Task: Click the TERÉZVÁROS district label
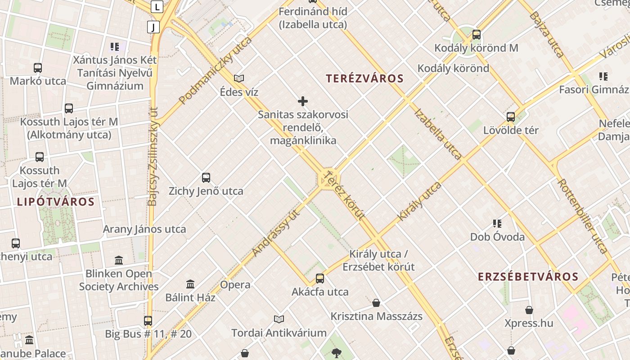(x=365, y=79)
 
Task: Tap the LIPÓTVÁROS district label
(x=56, y=202)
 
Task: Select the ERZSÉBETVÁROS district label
(x=528, y=276)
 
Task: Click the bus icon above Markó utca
(x=38, y=68)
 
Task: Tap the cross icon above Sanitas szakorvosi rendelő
(x=303, y=101)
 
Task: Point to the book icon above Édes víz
(x=239, y=79)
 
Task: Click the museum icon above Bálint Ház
(x=190, y=284)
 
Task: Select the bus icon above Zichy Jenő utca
(x=206, y=178)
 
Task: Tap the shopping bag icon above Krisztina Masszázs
(x=376, y=303)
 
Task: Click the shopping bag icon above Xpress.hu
(x=529, y=310)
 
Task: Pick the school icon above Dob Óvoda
(x=497, y=223)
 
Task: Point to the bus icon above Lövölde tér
(x=511, y=117)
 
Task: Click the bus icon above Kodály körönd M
(x=476, y=35)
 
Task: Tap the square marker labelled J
(x=153, y=27)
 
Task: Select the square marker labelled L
(x=157, y=7)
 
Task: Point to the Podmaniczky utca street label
(x=215, y=71)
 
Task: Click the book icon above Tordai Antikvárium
(x=279, y=319)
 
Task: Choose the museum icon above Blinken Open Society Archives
(x=119, y=260)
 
